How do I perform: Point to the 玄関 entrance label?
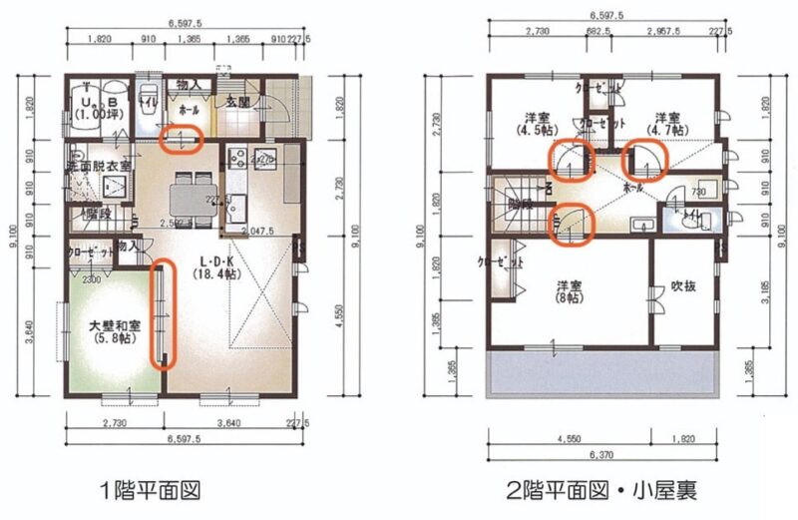(235, 102)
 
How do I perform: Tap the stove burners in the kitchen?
(238, 157)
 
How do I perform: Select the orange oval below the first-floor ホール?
(182, 137)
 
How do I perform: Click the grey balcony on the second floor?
(602, 374)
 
